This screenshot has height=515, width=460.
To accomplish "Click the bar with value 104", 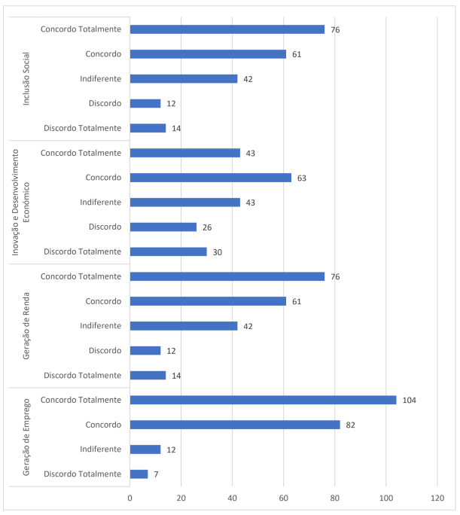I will [x=263, y=400].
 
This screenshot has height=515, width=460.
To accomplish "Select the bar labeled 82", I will [x=235, y=425].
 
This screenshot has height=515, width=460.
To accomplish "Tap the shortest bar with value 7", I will [x=139, y=474].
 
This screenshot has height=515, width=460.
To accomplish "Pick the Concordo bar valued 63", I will [x=210, y=178].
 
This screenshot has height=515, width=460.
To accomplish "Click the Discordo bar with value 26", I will [x=163, y=227].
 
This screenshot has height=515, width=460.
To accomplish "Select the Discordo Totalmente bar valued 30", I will [x=168, y=251].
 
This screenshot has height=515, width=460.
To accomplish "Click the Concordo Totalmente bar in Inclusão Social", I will [x=227, y=29].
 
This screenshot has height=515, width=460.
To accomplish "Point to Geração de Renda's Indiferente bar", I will [x=183, y=326].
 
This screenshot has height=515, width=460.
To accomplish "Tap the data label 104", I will [x=409, y=400].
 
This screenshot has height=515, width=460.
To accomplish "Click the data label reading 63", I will [x=303, y=178].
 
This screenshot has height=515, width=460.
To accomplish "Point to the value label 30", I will [x=218, y=251].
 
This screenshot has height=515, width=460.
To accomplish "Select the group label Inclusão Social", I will [x=26, y=78].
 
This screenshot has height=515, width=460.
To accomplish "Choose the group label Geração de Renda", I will [x=26, y=326].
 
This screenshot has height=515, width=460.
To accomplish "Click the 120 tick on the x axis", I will [x=437, y=498].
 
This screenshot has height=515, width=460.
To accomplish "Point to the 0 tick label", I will [x=129, y=498].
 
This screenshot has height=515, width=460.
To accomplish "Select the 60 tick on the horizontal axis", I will [x=283, y=498].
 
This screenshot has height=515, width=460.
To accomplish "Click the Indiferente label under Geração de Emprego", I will [x=100, y=449].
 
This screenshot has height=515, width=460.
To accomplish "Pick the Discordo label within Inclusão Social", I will [x=104, y=103].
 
